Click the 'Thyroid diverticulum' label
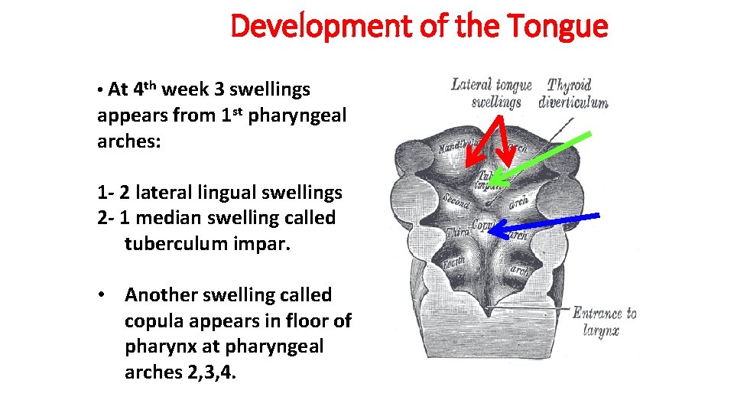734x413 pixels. (573, 93)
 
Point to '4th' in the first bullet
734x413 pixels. (145, 89)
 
